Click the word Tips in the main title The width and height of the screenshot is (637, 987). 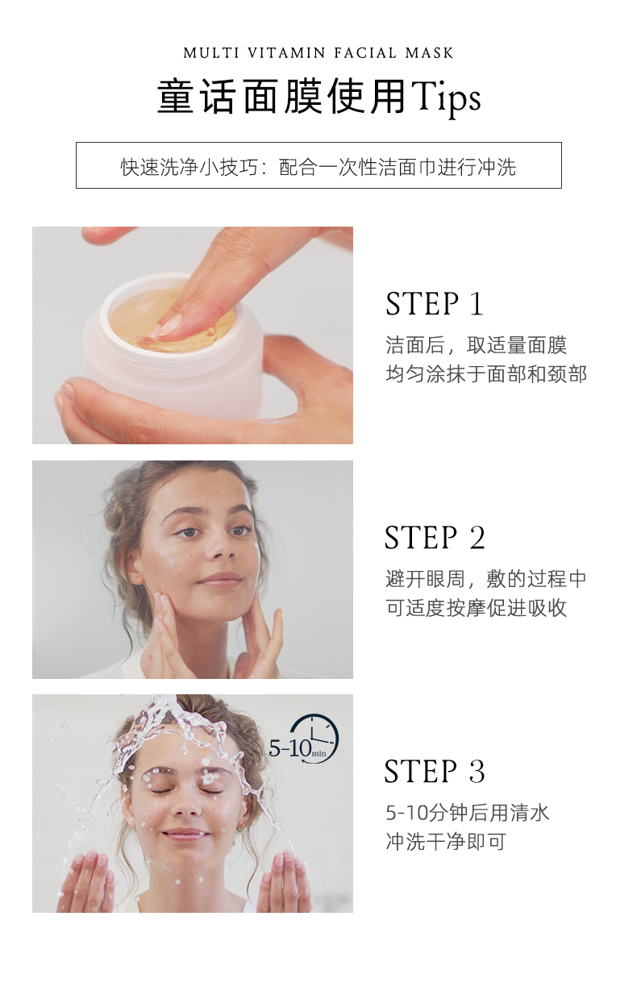[x=446, y=98]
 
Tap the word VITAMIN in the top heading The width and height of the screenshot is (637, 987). [x=286, y=53]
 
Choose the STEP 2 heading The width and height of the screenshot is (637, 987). [x=435, y=538]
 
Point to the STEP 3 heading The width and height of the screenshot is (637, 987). [x=435, y=772]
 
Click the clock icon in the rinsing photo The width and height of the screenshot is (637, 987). [x=314, y=739]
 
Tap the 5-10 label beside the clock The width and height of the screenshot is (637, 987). [x=290, y=748]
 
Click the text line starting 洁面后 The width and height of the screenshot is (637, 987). [x=477, y=345]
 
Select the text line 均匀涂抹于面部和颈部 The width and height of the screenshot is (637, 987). [x=486, y=374]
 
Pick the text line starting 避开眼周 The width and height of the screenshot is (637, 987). [x=486, y=579]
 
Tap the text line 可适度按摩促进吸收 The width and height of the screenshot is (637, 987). [x=477, y=608]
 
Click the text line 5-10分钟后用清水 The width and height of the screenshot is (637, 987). [x=468, y=813]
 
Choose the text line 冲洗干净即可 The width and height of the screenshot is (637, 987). [x=446, y=842]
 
